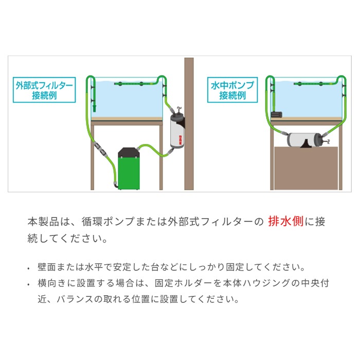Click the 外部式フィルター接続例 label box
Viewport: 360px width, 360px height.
(44, 89)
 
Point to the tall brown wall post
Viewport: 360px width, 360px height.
(189, 123)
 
